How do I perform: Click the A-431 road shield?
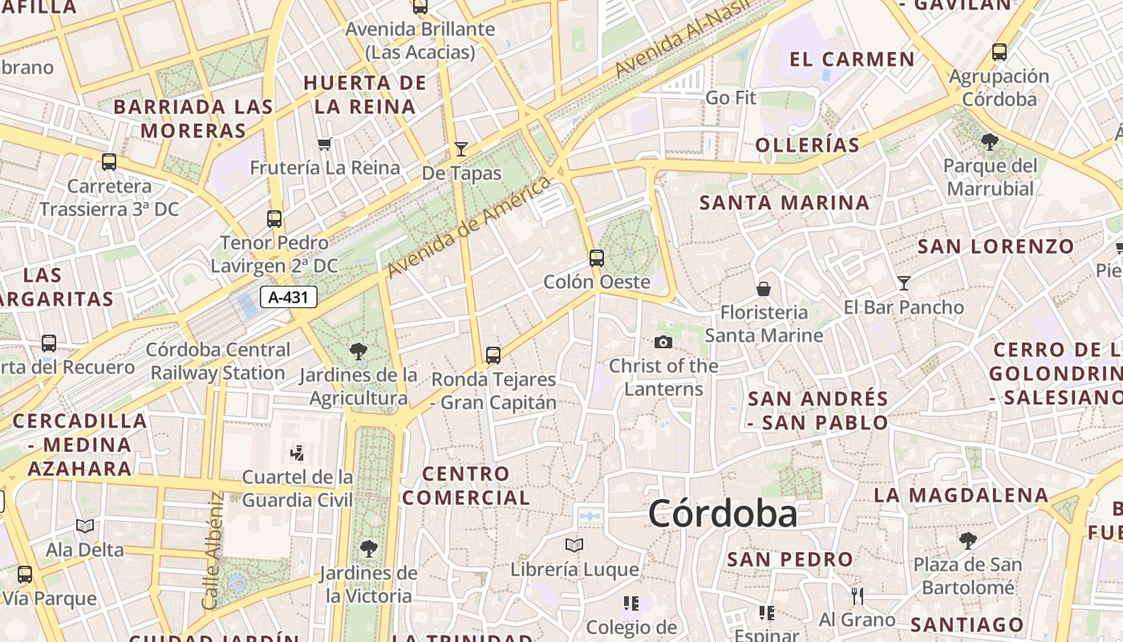click(x=289, y=298)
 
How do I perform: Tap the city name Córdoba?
click(x=723, y=514)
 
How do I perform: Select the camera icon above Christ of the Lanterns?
click(x=663, y=342)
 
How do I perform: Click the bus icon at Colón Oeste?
click(x=596, y=258)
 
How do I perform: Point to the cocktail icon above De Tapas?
click(x=461, y=148)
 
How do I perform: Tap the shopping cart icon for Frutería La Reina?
click(x=324, y=144)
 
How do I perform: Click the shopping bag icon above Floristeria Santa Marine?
click(x=764, y=288)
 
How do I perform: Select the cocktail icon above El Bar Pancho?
click(x=904, y=282)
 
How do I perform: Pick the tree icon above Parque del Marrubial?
click(x=990, y=142)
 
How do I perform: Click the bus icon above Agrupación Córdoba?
click(x=999, y=52)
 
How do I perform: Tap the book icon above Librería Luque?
click(x=574, y=546)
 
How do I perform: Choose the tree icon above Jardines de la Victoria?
click(x=368, y=549)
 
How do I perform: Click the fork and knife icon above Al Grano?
click(x=857, y=595)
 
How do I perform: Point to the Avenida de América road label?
click(x=469, y=227)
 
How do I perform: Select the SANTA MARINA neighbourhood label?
click(x=784, y=203)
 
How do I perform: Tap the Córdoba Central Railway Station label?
click(x=218, y=361)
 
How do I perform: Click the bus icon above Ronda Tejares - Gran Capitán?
click(x=493, y=355)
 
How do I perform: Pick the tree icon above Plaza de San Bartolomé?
click(x=968, y=540)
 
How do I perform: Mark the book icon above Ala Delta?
click(x=85, y=526)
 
